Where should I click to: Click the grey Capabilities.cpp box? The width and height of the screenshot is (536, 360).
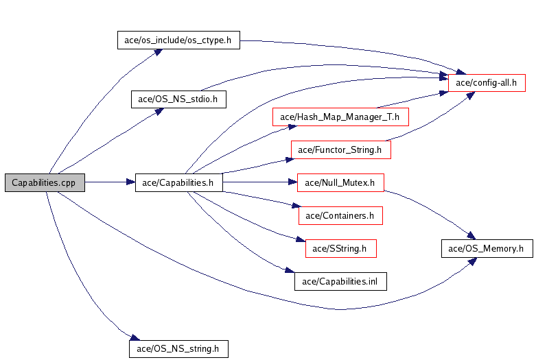coord(45,182)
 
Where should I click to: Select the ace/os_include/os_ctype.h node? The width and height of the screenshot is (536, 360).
coord(178,40)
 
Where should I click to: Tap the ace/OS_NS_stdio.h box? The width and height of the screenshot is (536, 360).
coord(178,99)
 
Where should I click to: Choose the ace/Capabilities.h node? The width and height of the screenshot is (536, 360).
coord(178,182)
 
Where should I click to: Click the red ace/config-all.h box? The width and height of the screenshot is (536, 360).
coord(487,83)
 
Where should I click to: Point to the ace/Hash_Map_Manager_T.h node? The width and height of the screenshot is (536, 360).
coord(340,117)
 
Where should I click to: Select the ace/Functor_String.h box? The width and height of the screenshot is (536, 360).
coord(341,149)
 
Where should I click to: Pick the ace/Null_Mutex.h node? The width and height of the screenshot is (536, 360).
coord(340,182)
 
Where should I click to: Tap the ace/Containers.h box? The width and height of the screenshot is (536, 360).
coord(340,215)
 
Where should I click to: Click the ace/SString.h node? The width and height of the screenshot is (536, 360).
coord(341,249)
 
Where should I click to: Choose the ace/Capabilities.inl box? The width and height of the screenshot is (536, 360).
coord(340,281)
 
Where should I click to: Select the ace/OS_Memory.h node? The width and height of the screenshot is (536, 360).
coord(487,249)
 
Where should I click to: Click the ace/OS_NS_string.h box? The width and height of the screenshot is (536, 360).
coord(178,349)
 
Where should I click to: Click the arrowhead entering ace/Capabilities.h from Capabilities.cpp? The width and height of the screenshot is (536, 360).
coord(131,182)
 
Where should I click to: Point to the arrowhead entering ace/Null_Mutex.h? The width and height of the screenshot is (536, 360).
coord(293,182)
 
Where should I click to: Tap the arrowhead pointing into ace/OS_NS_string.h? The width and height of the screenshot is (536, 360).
coord(135,337)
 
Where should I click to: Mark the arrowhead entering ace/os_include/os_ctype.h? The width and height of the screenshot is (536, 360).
coord(158,52)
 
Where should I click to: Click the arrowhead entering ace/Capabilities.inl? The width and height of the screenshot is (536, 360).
coord(290,270)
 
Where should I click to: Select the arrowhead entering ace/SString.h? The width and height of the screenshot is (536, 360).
coord(301,239)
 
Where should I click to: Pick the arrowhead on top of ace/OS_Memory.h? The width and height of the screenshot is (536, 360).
coord(471,235)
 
